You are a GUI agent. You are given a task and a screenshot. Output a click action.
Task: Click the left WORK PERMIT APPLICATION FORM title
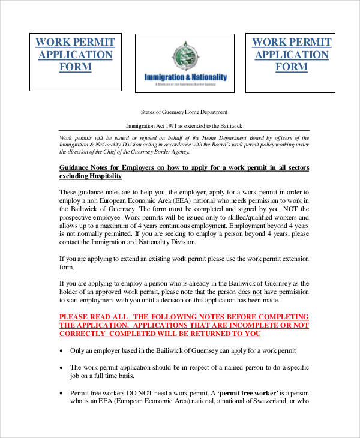coord(75,54)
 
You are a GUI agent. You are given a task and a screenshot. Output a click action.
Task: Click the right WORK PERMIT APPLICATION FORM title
coord(291,54)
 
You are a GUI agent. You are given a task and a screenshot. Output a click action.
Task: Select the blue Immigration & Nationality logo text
coord(185,77)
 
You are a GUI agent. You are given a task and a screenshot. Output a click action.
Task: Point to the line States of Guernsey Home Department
coord(184,112)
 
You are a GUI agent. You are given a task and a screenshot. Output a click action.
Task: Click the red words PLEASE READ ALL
coord(92,317)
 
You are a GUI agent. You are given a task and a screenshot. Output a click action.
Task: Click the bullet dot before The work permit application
coord(62,367)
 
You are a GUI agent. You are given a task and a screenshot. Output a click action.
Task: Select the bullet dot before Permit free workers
coord(62,392)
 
